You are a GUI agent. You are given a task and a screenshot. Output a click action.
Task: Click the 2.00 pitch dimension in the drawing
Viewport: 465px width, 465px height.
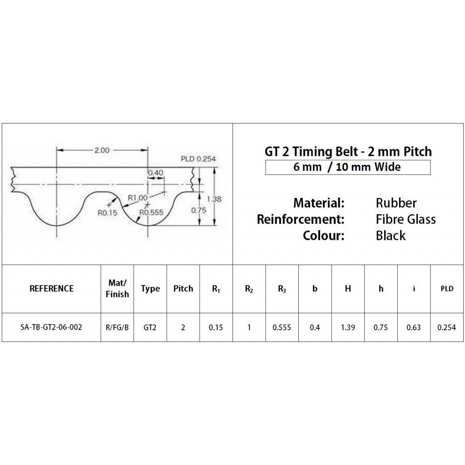click(x=101, y=151)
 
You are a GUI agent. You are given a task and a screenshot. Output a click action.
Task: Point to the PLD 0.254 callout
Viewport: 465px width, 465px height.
click(x=198, y=159)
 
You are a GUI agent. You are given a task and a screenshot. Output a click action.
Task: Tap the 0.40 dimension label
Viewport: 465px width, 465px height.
click(x=156, y=173)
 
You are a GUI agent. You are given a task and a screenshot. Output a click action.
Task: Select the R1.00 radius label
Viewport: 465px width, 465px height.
click(x=138, y=198)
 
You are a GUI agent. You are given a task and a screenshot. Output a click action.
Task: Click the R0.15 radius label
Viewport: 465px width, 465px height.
click(x=107, y=212)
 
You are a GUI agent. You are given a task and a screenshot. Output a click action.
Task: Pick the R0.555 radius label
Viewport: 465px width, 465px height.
click(x=151, y=212)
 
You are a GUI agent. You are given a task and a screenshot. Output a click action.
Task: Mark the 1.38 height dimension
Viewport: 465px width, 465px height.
click(x=214, y=198)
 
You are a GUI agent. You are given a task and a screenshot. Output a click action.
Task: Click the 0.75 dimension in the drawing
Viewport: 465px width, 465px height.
click(x=198, y=210)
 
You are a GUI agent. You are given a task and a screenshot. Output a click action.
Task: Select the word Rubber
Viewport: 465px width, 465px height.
click(x=396, y=203)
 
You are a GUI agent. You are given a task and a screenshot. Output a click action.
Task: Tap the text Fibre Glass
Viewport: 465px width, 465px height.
click(x=406, y=219)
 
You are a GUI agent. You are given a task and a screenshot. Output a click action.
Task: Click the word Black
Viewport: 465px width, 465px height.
click(x=391, y=236)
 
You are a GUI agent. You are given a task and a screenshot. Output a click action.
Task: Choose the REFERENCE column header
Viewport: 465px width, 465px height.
click(x=51, y=288)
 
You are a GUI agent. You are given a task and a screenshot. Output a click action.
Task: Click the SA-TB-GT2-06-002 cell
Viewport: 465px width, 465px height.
click(x=51, y=327)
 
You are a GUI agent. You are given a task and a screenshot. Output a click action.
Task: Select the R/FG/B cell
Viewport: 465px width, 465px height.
click(x=117, y=327)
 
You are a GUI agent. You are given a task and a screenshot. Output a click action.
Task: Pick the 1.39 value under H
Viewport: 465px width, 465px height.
click(x=348, y=327)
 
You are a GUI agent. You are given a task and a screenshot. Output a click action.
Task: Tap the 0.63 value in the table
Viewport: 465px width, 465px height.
click(x=414, y=327)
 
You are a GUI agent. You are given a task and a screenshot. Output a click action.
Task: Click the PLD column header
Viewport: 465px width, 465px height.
click(x=447, y=288)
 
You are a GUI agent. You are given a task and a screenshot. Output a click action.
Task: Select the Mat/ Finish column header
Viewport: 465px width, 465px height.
click(x=117, y=288)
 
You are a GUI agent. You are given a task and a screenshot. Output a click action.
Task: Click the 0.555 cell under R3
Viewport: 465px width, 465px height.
click(x=282, y=327)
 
